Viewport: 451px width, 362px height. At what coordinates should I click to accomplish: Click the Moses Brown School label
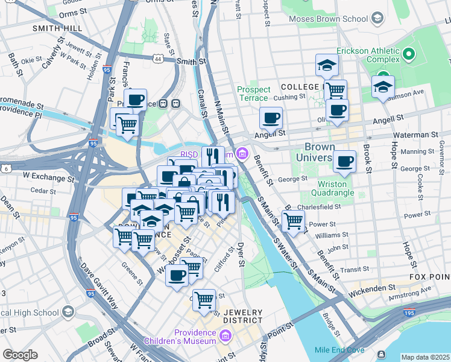click(328, 19)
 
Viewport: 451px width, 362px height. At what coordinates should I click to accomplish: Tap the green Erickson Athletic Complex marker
click(408, 56)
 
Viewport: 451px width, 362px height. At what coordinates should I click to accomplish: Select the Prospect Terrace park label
click(254, 94)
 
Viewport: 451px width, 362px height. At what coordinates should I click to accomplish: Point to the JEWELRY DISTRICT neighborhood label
click(243, 316)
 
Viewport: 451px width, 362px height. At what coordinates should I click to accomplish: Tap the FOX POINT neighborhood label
click(429, 276)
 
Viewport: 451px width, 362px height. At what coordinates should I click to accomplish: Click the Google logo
click(19, 354)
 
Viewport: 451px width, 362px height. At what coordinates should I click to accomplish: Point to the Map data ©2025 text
click(425, 357)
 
